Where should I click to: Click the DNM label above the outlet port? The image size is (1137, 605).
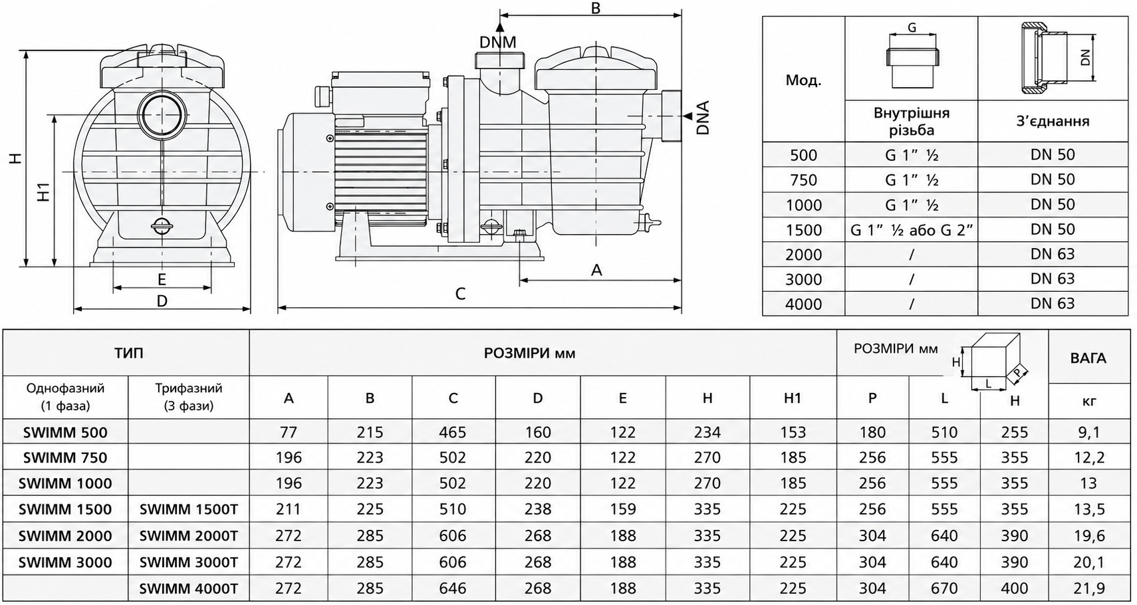pyautogui.click(x=497, y=42)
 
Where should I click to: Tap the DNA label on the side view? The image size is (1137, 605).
pyautogui.click(x=703, y=117)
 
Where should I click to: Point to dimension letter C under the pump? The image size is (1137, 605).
pyautogui.click(x=460, y=294)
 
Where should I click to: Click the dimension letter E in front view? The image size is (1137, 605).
pyautogui.click(x=162, y=279)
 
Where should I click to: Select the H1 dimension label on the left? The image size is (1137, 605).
pyautogui.click(x=45, y=191)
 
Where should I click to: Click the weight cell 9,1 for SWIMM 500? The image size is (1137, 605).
pyautogui.click(x=1088, y=432)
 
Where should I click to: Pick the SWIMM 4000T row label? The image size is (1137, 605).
pyautogui.click(x=188, y=588)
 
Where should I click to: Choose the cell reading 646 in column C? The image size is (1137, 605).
pyautogui.click(x=453, y=588)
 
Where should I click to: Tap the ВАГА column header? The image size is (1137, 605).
pyautogui.click(x=1088, y=358)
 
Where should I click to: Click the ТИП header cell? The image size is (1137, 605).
pyautogui.click(x=128, y=353)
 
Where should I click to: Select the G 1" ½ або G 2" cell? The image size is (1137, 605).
pyautogui.click(x=912, y=230)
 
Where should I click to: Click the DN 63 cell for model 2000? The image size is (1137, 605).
pyautogui.click(x=1053, y=254)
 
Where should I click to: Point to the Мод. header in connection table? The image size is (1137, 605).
pyautogui.click(x=803, y=80)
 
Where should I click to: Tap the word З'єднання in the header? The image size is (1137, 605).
pyautogui.click(x=1053, y=121)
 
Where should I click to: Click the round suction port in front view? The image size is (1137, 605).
pyautogui.click(x=162, y=115)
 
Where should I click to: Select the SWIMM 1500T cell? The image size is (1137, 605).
pyautogui.click(x=188, y=509)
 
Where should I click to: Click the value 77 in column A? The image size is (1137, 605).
pyautogui.click(x=289, y=432)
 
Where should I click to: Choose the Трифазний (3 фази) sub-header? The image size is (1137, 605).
pyautogui.click(x=188, y=397)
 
